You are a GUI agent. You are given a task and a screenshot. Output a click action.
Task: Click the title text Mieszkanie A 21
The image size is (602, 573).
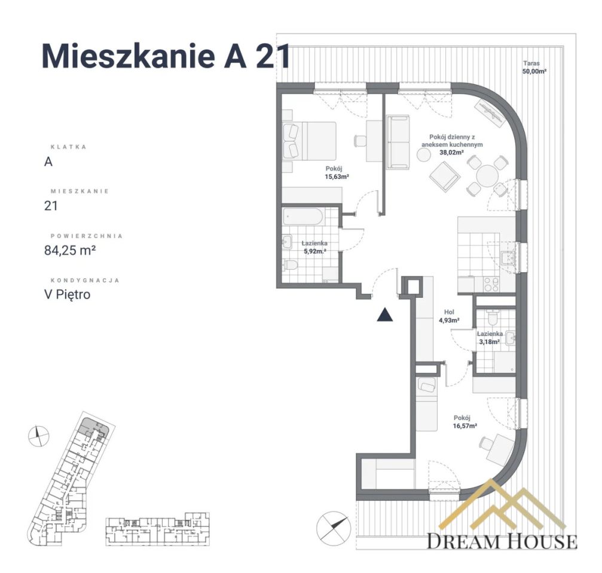pyautogui.click(x=166, y=57)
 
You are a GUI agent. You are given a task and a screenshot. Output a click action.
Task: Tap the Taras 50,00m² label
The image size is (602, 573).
pyautogui.click(x=534, y=66)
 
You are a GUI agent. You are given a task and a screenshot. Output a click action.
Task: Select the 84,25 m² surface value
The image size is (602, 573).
pyautogui.click(x=71, y=250)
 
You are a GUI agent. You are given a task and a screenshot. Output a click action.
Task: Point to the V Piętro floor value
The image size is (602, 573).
pyautogui.click(x=68, y=294)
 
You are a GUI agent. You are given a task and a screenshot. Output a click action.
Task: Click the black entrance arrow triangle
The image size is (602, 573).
pyautogui.click(x=385, y=315)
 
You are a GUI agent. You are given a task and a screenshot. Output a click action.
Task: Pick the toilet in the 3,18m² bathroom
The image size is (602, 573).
pyautogui.click(x=492, y=316)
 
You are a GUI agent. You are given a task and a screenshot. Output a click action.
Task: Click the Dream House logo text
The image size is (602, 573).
pyautogui.click(x=502, y=541)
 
